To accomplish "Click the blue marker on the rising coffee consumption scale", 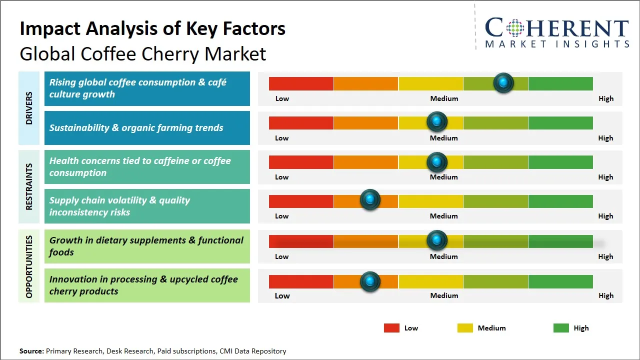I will (503, 82).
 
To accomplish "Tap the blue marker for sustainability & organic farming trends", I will (437, 121).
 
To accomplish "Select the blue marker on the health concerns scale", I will (437, 161).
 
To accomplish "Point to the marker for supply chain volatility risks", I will (370, 200).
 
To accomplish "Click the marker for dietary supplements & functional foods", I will (437, 240).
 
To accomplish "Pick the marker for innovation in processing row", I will (370, 281).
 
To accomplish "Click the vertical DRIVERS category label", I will (29, 108).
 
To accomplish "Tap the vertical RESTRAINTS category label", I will (29, 186).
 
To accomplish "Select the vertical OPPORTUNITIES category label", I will (29, 267).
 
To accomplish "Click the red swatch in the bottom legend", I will (391, 328).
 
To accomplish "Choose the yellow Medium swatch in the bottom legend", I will (465, 328).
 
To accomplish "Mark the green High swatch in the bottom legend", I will (561, 328).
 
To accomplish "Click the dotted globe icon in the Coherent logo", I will (514, 28).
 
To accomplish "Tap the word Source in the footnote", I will (31, 351).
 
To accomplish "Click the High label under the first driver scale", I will (605, 98).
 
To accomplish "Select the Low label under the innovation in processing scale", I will (282, 295).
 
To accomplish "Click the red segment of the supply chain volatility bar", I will (301, 201).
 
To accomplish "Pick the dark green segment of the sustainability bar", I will (560, 122).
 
